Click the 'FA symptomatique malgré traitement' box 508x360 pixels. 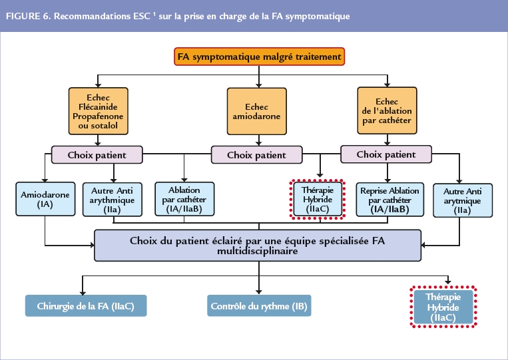pyautogui.click(x=260, y=57)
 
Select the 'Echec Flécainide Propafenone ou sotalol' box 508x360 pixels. pyautogui.click(x=98, y=110)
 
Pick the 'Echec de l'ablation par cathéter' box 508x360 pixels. pyautogui.click(x=387, y=110)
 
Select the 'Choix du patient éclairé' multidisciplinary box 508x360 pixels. pyautogui.click(x=258, y=246)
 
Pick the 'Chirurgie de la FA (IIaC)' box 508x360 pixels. pyautogui.click(x=85, y=307)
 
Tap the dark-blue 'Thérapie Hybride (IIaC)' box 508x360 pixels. pyautogui.click(x=443, y=307)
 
